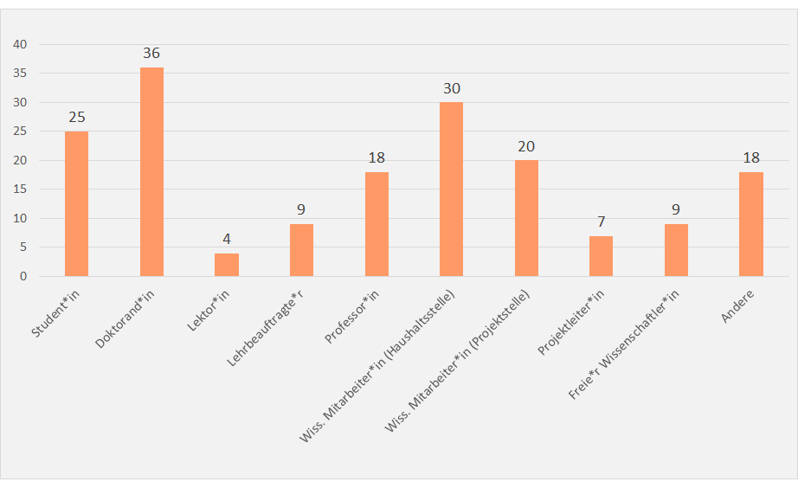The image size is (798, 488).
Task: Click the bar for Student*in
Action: pos(76,203)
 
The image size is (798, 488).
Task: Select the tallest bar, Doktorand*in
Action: pos(151,171)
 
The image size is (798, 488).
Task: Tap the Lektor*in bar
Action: pos(227,265)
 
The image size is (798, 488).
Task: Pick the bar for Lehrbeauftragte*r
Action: pos(301,250)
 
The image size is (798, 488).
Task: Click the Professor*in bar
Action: pos(376,224)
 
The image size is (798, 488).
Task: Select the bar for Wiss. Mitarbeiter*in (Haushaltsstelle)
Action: pos(451,189)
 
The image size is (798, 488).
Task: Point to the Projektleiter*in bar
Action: pos(601,256)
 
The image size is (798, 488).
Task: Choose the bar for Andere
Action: pos(750,224)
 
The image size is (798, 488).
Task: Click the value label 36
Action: pos(151,54)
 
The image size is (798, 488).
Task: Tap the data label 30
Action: pos(451,88)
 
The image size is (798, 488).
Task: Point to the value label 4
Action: pos(227,239)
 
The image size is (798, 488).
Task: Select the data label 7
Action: pos(601,222)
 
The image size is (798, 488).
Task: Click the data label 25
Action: pos(76,117)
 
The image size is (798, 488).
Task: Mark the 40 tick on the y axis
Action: pos(21,44)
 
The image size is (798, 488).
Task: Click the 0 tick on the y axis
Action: pos(24,276)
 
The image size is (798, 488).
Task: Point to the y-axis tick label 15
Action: pos(21,189)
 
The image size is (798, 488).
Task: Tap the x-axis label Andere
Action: pos(737,306)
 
